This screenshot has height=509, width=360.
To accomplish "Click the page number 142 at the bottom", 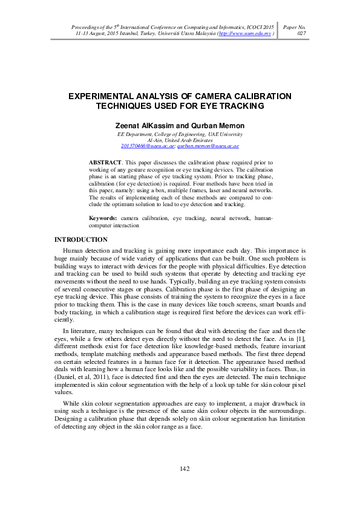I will click(185, 470).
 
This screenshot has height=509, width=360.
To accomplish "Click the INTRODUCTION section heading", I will click(81, 240).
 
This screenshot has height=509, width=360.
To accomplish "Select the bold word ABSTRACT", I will click(103, 163).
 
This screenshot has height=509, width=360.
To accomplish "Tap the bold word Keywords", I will click(102, 218).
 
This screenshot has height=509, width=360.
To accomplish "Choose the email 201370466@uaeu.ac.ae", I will click(148, 146).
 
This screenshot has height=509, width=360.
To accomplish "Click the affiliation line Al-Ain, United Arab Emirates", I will click(180, 140).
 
